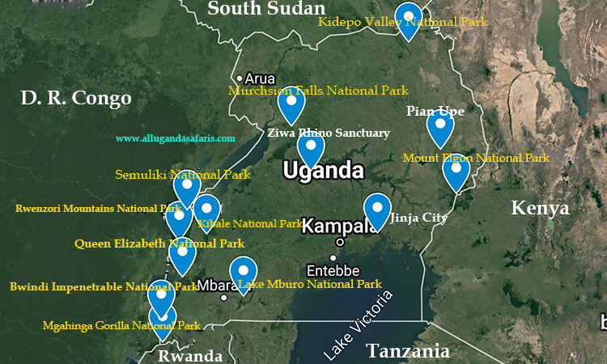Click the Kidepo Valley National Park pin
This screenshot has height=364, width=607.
(x=409, y=19)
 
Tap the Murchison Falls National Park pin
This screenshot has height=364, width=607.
(x=290, y=102)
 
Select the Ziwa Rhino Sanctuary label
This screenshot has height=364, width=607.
(x=329, y=133)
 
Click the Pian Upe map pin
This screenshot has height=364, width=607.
(x=439, y=125)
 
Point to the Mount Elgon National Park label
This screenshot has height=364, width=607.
(x=476, y=158)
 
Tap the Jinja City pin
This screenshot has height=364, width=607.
(x=377, y=210)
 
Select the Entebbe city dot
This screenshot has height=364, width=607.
(x=333, y=258)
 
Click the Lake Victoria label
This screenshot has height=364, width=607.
(x=358, y=324)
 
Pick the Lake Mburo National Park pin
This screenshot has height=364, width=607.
(x=243, y=273)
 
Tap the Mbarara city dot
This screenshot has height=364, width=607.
(x=224, y=298)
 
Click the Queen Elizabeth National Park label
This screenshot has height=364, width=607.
(x=159, y=243)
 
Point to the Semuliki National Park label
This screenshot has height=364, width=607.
(x=183, y=174)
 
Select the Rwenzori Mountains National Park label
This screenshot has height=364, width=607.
(x=98, y=209)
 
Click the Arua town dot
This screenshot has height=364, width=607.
(x=241, y=78)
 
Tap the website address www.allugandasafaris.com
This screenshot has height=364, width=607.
(x=176, y=139)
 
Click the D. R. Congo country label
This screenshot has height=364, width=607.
(x=76, y=99)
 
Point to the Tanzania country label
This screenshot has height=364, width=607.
(x=407, y=351)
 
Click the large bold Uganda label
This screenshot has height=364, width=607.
(x=322, y=171)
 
